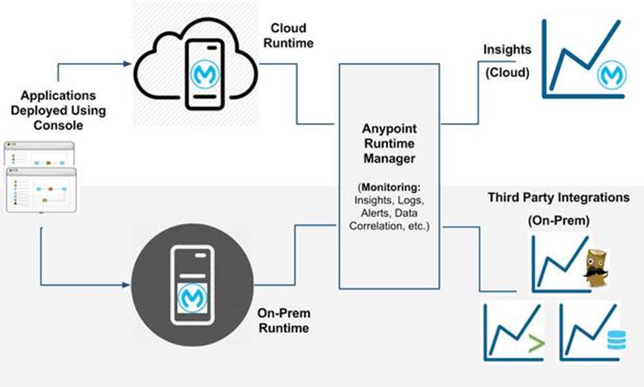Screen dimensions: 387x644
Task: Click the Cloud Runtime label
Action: (290, 35)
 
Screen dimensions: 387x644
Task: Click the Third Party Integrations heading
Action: (558, 198)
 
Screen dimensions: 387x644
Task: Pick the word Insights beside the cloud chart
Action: (507, 50)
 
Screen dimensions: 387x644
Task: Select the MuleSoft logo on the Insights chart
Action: (612, 73)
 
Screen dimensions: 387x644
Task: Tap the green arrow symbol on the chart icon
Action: (533, 343)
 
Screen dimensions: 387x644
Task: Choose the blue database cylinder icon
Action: (614, 340)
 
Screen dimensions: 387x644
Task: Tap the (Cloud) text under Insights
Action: (507, 72)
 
